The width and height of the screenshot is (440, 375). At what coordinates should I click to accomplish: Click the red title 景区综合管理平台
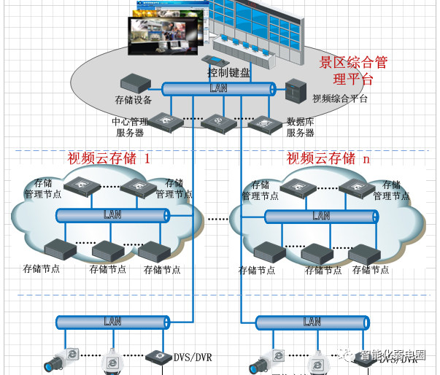[363, 70]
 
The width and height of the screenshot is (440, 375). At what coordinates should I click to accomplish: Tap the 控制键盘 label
[228, 72]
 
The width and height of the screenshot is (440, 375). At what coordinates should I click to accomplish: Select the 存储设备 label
[134, 100]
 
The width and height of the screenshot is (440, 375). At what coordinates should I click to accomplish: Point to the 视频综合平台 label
[340, 98]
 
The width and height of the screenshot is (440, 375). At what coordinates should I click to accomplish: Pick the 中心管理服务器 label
[130, 127]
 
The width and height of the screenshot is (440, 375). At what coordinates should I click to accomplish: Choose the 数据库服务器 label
[300, 127]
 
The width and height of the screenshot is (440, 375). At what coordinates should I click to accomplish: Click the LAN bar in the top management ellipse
[218, 88]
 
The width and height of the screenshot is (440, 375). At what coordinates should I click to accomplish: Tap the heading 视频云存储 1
[109, 158]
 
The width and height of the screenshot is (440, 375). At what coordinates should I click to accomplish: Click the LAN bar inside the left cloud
[113, 214]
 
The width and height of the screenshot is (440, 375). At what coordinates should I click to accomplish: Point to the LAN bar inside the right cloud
[321, 216]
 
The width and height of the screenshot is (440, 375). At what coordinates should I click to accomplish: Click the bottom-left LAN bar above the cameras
[113, 321]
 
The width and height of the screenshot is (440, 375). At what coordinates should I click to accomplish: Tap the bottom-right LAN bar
[312, 322]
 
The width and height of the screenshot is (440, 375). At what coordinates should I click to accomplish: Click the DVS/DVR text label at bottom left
[193, 357]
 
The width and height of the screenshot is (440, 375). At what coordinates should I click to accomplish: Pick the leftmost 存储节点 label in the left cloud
[42, 268]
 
